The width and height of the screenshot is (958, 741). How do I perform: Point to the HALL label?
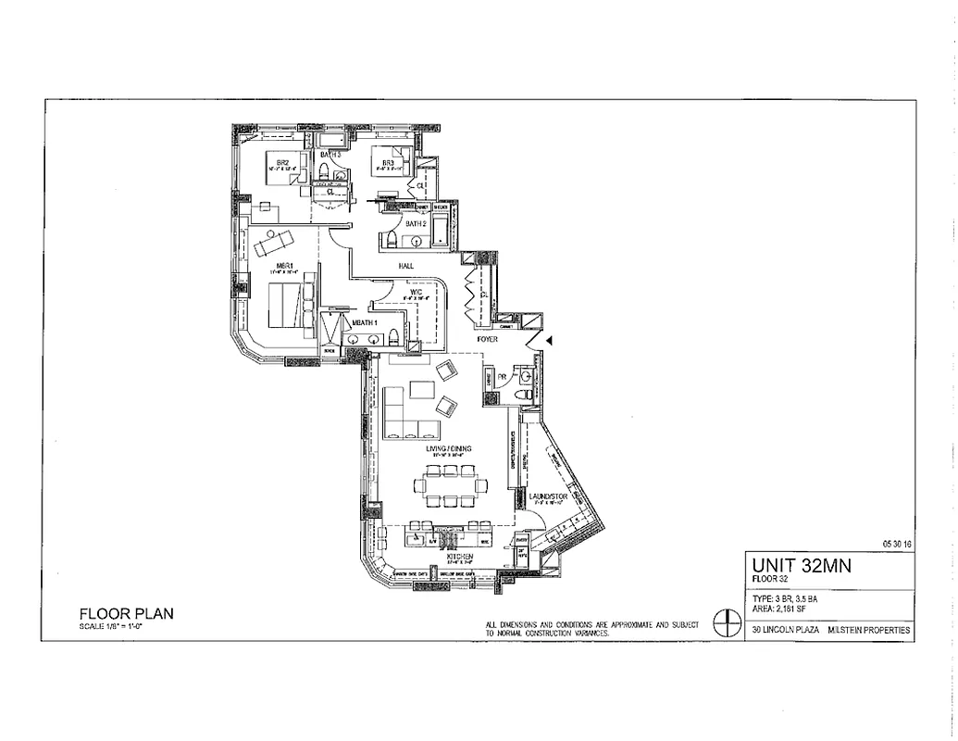(405, 266)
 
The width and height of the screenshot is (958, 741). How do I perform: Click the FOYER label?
(488, 340)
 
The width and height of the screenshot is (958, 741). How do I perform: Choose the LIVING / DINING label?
(449, 448)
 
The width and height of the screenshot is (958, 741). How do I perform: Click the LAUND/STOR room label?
(547, 497)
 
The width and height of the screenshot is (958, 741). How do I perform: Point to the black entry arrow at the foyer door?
(550, 341)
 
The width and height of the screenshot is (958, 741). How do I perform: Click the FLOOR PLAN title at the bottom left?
(126, 612)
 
